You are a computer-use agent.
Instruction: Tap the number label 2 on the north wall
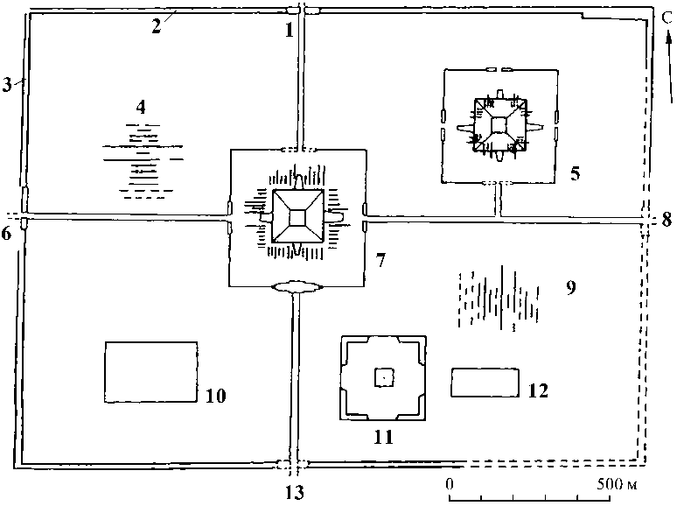156,25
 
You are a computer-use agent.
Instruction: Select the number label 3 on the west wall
8,84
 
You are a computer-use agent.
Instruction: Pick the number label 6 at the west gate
9,233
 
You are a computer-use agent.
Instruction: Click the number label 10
216,396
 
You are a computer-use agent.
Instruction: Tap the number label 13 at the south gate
295,493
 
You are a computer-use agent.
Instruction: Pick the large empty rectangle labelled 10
150,372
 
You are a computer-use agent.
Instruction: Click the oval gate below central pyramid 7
297,285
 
